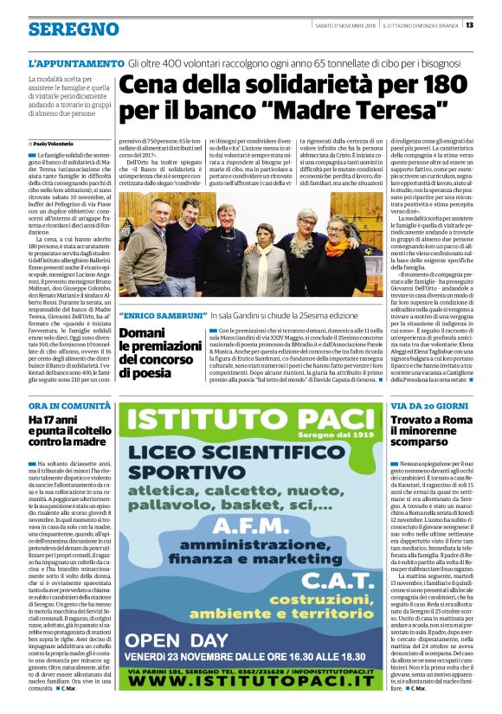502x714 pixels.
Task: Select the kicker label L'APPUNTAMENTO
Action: pyautogui.click(x=76, y=64)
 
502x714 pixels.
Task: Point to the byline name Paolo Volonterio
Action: pyautogui.click(x=53, y=143)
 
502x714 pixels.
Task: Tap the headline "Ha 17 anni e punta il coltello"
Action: pyautogui.click(x=64, y=431)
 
